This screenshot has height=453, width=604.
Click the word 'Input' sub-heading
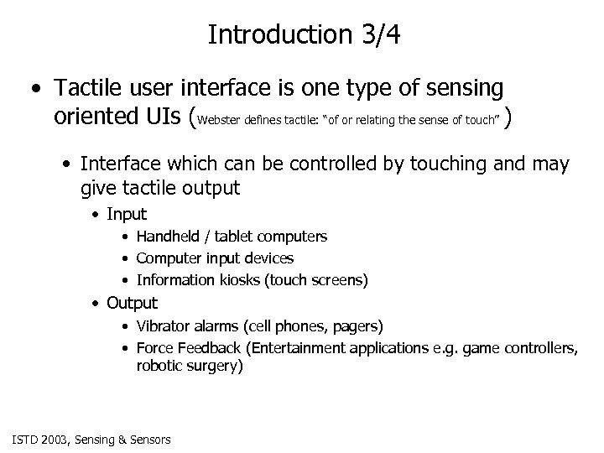[128, 214]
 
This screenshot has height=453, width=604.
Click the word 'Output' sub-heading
[133, 302]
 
